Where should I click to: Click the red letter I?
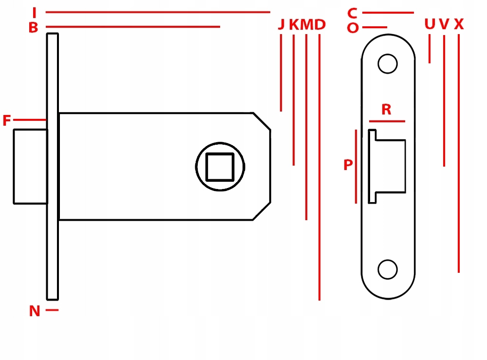click(x=35, y=13)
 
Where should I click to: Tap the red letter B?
click(x=33, y=28)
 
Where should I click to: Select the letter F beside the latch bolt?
click(x=6, y=120)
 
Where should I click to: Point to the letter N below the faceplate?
click(x=35, y=311)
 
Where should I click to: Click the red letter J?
click(x=281, y=24)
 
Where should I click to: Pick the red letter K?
click(x=294, y=24)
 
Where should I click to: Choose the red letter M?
click(x=306, y=24)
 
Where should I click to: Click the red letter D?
click(x=320, y=24)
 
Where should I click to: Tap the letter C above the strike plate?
click(x=352, y=13)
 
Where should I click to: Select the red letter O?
click(x=353, y=28)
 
